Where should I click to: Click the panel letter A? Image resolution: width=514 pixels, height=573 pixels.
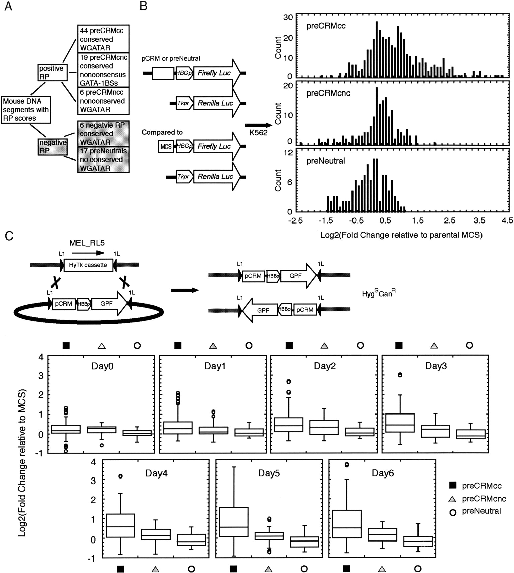tap(8, 6)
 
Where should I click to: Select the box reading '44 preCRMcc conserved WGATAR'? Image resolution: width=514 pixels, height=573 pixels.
tap(103, 39)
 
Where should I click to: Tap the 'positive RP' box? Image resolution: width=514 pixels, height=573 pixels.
tap(52, 73)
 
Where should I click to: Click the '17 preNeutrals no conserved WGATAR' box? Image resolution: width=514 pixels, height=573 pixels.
tap(103, 160)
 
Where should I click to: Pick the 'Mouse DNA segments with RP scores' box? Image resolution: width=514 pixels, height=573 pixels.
tap(26, 110)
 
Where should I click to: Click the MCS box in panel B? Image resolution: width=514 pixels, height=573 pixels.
tap(166, 147)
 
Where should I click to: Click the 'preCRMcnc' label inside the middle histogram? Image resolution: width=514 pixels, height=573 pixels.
tap(328, 93)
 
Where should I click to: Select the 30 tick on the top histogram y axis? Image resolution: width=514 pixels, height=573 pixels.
tap(288, 17)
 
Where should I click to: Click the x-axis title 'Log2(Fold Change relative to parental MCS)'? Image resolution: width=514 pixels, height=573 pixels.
tap(401, 235)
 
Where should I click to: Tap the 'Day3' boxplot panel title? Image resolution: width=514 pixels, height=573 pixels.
tap(436, 366)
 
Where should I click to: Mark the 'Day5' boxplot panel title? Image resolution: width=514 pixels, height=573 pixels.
tap(269, 473)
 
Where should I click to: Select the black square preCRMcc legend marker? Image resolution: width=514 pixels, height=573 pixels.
tap(453, 485)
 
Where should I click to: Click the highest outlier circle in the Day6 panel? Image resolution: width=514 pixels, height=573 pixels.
tap(346, 464)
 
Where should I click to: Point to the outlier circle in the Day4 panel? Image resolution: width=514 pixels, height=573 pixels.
tap(120, 476)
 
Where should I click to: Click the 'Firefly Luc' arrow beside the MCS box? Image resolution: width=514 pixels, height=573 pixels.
tap(216, 146)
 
